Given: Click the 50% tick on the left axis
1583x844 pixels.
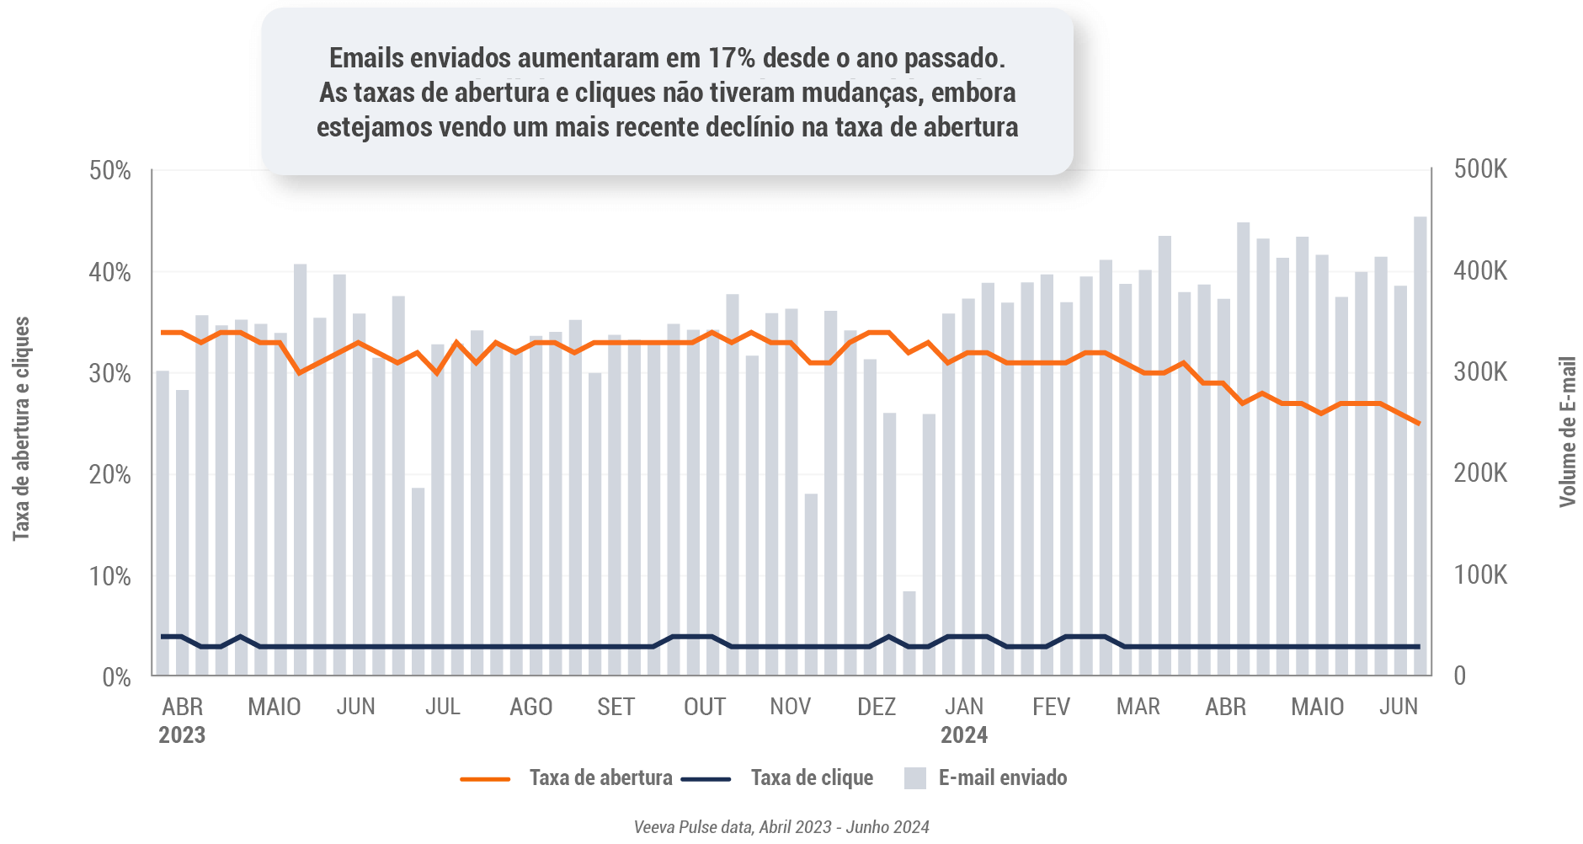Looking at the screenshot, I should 110,171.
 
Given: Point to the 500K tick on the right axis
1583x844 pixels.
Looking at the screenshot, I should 1480,169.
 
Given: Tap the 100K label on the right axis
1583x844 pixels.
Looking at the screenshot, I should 1480,575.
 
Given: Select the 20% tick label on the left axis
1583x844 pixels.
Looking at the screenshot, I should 110,475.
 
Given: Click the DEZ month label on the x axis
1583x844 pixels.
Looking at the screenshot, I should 877,707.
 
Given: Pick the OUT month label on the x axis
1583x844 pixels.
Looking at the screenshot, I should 705,707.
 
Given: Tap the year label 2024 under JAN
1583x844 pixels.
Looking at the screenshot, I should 964,735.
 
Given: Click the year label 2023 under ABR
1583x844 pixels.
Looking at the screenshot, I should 182,735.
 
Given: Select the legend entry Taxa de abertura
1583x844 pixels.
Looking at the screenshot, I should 600,777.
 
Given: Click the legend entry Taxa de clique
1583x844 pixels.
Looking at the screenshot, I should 812,777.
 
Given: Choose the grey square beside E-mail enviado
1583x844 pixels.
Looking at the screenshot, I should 914,778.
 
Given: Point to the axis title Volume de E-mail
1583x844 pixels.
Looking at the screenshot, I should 1567,431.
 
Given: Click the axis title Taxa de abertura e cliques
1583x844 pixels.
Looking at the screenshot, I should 21,429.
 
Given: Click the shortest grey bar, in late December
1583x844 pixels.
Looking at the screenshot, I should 909,633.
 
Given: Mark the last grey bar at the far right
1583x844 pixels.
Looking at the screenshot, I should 1420,446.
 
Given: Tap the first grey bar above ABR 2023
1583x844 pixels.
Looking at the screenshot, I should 163,522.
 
